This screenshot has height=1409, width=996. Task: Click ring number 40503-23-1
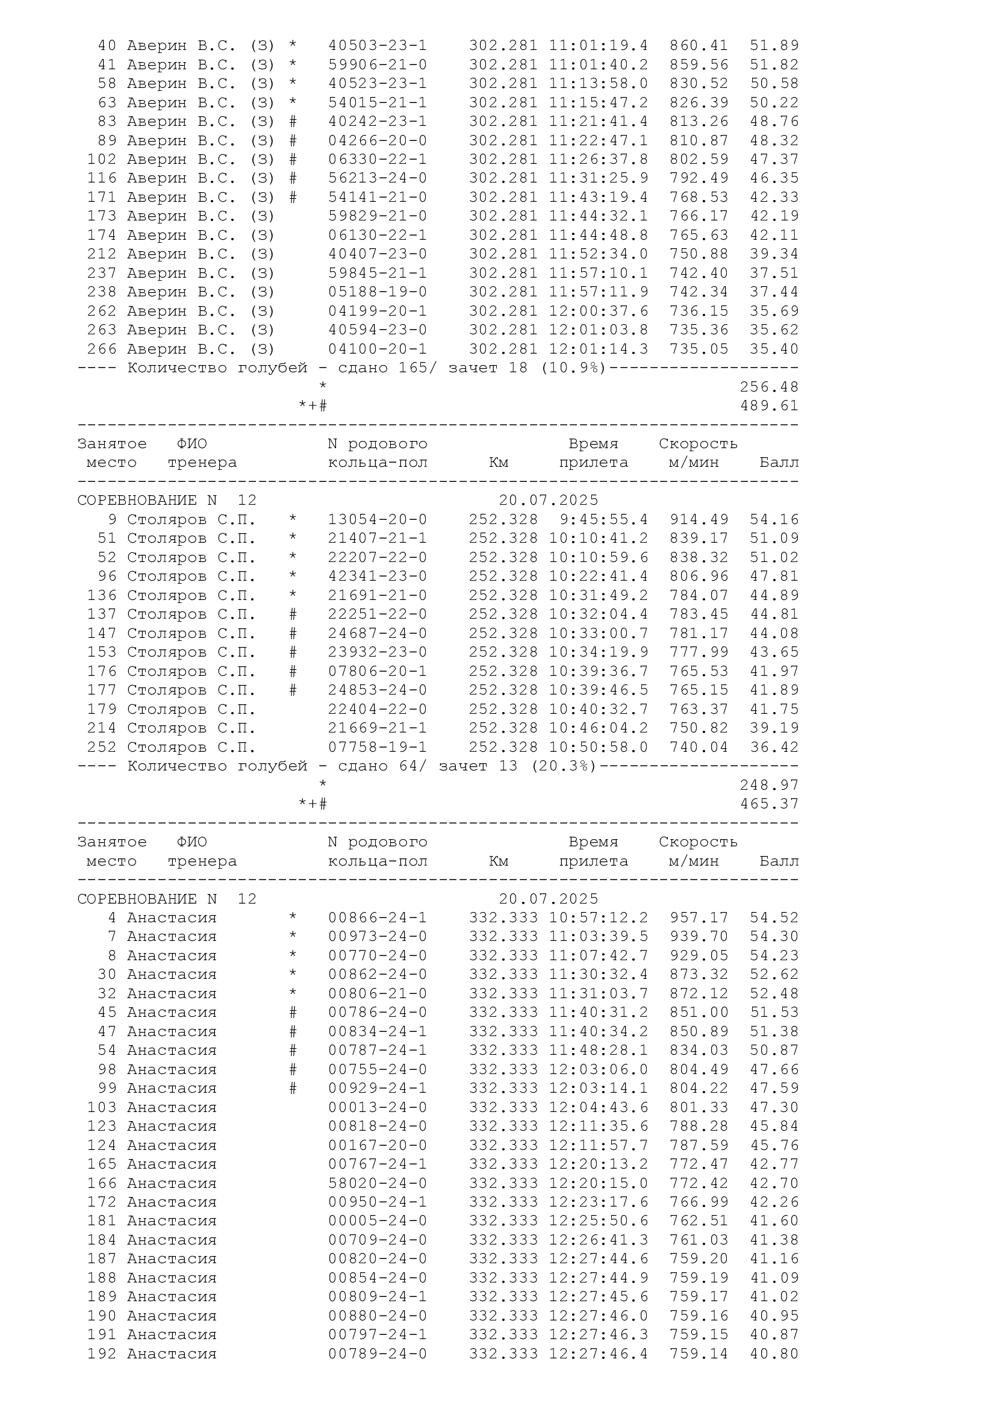pyautogui.click(x=377, y=46)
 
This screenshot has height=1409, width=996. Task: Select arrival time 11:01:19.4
pyautogui.click(x=598, y=46)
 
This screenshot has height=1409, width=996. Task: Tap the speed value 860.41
pyautogui.click(x=699, y=46)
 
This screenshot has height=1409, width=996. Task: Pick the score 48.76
pyautogui.click(x=774, y=122)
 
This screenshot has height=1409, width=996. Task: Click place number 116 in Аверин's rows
pyautogui.click(x=102, y=178)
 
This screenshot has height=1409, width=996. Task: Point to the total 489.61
pyautogui.click(x=769, y=406)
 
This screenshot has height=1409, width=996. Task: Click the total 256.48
pyautogui.click(x=769, y=387)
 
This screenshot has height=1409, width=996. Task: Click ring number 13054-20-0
pyautogui.click(x=377, y=520)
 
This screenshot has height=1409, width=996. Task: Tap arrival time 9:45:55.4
pyautogui.click(x=603, y=520)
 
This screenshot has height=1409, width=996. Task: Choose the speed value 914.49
pyautogui.click(x=699, y=520)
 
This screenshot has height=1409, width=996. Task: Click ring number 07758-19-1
pyautogui.click(x=377, y=748)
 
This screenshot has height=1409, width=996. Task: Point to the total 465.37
pyautogui.click(x=769, y=804)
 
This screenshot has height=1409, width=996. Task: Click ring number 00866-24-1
pyautogui.click(x=377, y=918)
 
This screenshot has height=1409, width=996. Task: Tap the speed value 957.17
pyautogui.click(x=699, y=918)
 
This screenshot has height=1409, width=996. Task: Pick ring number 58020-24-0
pyautogui.click(x=377, y=1183)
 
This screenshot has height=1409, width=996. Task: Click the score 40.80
pyautogui.click(x=774, y=1354)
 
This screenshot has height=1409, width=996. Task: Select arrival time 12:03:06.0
pyautogui.click(x=598, y=1070)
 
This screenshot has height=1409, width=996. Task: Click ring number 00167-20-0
pyautogui.click(x=377, y=1146)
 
